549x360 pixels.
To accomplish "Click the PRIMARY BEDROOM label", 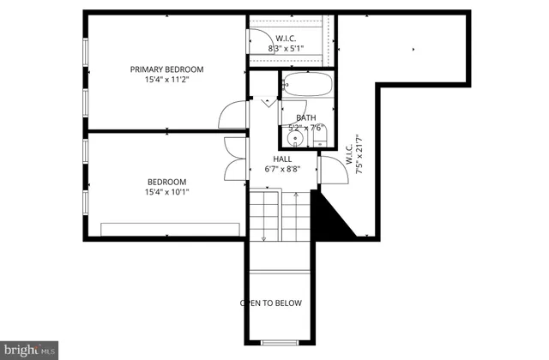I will tap(166, 69).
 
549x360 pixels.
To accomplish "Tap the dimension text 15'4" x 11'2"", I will tap(166, 80).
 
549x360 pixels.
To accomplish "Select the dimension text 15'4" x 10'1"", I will tap(166, 192).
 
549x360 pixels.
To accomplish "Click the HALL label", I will tap(282, 159).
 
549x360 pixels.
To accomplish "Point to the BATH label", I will tap(305, 118).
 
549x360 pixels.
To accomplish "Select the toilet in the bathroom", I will tap(319, 135).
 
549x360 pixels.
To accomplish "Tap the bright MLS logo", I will tap(31, 350).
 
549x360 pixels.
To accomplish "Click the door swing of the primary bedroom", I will tap(232, 115).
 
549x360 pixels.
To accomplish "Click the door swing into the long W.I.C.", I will tap(329, 169).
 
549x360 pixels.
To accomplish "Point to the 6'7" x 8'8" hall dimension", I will tap(282, 170).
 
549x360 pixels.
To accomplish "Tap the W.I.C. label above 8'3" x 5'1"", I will tap(287, 38).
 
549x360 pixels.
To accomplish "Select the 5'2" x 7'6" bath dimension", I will tap(306, 129).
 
